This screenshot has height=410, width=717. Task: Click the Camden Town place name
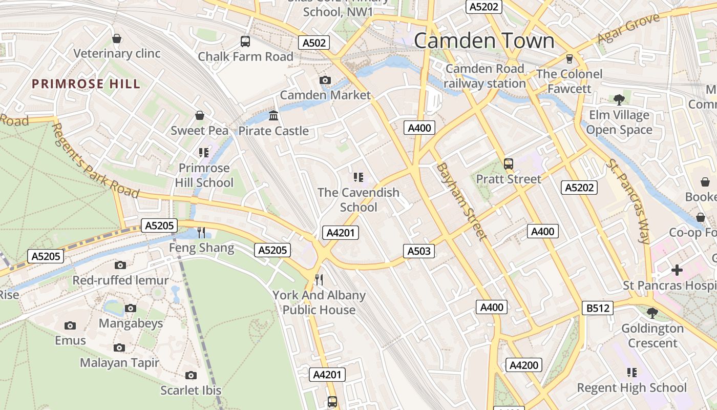tap(484, 40)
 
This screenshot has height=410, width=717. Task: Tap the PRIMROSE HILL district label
tap(86, 84)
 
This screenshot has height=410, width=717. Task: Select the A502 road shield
tap(314, 43)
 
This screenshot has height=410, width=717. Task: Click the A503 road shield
tap(419, 251)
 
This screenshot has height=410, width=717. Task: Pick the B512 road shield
tap(598, 308)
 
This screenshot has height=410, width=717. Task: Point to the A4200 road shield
tap(524, 365)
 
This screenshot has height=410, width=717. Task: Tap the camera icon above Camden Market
tap(325, 80)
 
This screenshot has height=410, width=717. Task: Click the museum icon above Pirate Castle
tap(273, 115)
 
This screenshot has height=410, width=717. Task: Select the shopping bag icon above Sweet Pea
tap(199, 115)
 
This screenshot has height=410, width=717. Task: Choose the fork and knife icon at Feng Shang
tap(201, 233)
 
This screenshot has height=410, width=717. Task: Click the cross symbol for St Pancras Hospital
tap(677, 270)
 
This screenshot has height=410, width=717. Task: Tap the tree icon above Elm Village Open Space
tap(619, 99)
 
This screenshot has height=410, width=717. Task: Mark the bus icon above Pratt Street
tap(508, 163)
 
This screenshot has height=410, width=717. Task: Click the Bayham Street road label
tap(461, 201)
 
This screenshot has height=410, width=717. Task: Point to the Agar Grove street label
tap(628, 29)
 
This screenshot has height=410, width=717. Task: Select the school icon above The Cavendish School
tap(358, 177)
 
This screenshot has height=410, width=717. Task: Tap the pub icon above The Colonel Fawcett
tap(569, 58)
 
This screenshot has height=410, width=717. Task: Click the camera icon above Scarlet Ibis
tap(191, 375)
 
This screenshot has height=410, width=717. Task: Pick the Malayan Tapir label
tap(119, 363)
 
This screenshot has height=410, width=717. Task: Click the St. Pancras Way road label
tap(628, 201)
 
